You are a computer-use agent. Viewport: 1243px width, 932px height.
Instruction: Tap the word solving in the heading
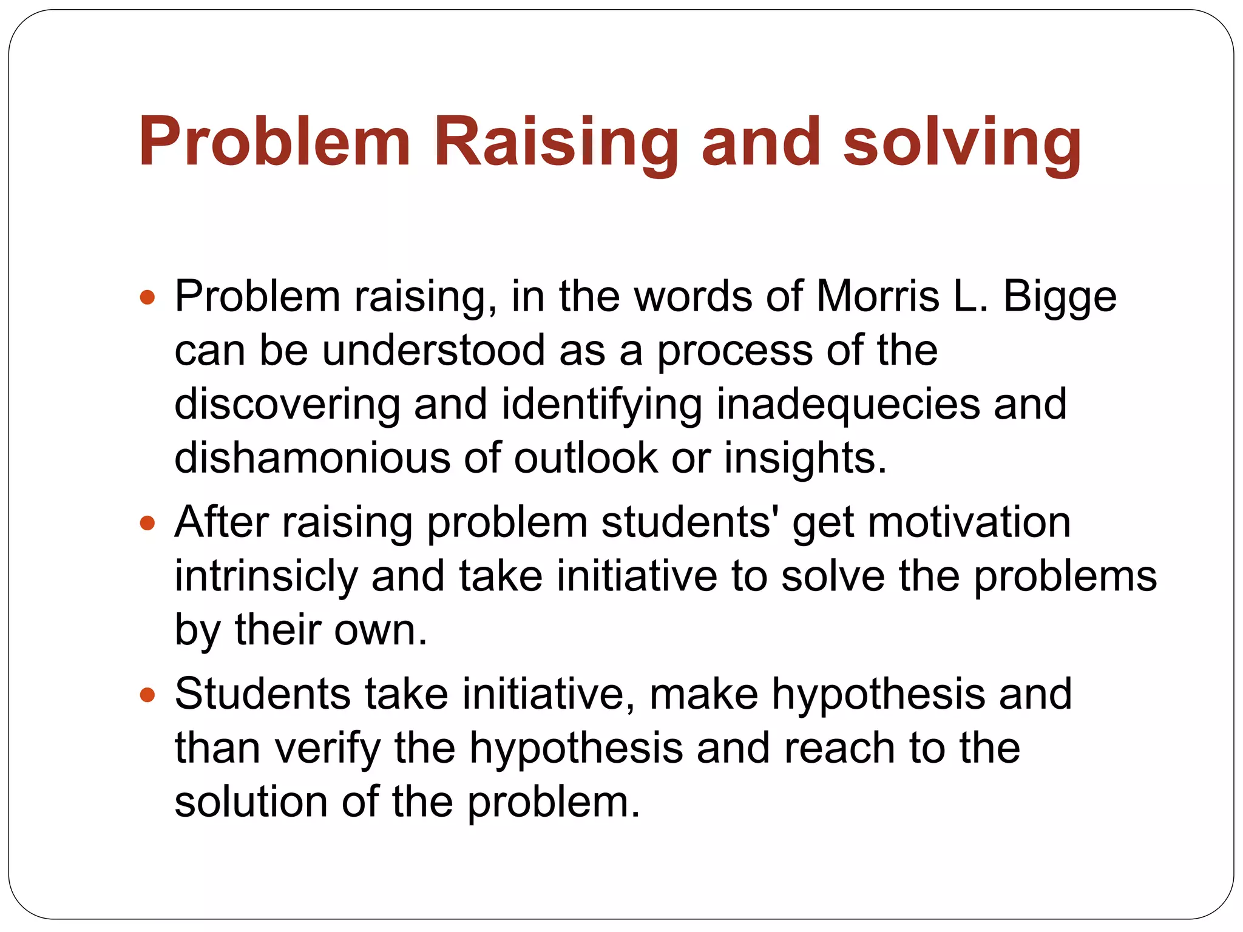962,143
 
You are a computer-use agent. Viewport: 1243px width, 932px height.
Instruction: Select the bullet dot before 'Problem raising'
147,297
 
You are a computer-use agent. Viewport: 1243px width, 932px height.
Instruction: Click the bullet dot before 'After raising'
147,523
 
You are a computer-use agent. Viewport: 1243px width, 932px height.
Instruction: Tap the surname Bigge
1059,297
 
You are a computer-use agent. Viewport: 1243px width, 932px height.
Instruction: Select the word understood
433,350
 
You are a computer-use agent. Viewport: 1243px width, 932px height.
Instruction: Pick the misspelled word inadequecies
848,405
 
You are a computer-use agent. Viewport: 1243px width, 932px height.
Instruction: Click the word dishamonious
312,458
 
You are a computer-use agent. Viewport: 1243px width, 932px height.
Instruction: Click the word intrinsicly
266,576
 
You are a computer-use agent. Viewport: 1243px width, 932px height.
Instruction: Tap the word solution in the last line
251,802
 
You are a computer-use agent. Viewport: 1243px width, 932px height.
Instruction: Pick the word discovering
287,405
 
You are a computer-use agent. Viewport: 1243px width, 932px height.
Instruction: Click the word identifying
601,405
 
